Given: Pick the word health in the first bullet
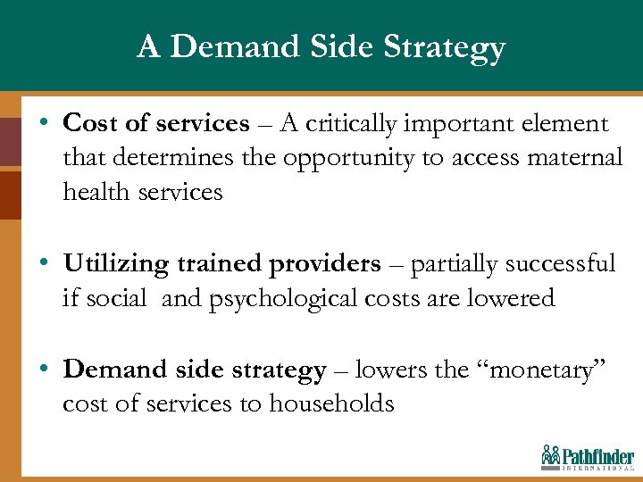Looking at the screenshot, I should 95,191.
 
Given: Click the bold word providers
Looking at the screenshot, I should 323,264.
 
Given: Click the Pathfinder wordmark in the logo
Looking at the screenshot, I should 599,455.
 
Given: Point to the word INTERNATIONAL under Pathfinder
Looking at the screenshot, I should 597,468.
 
